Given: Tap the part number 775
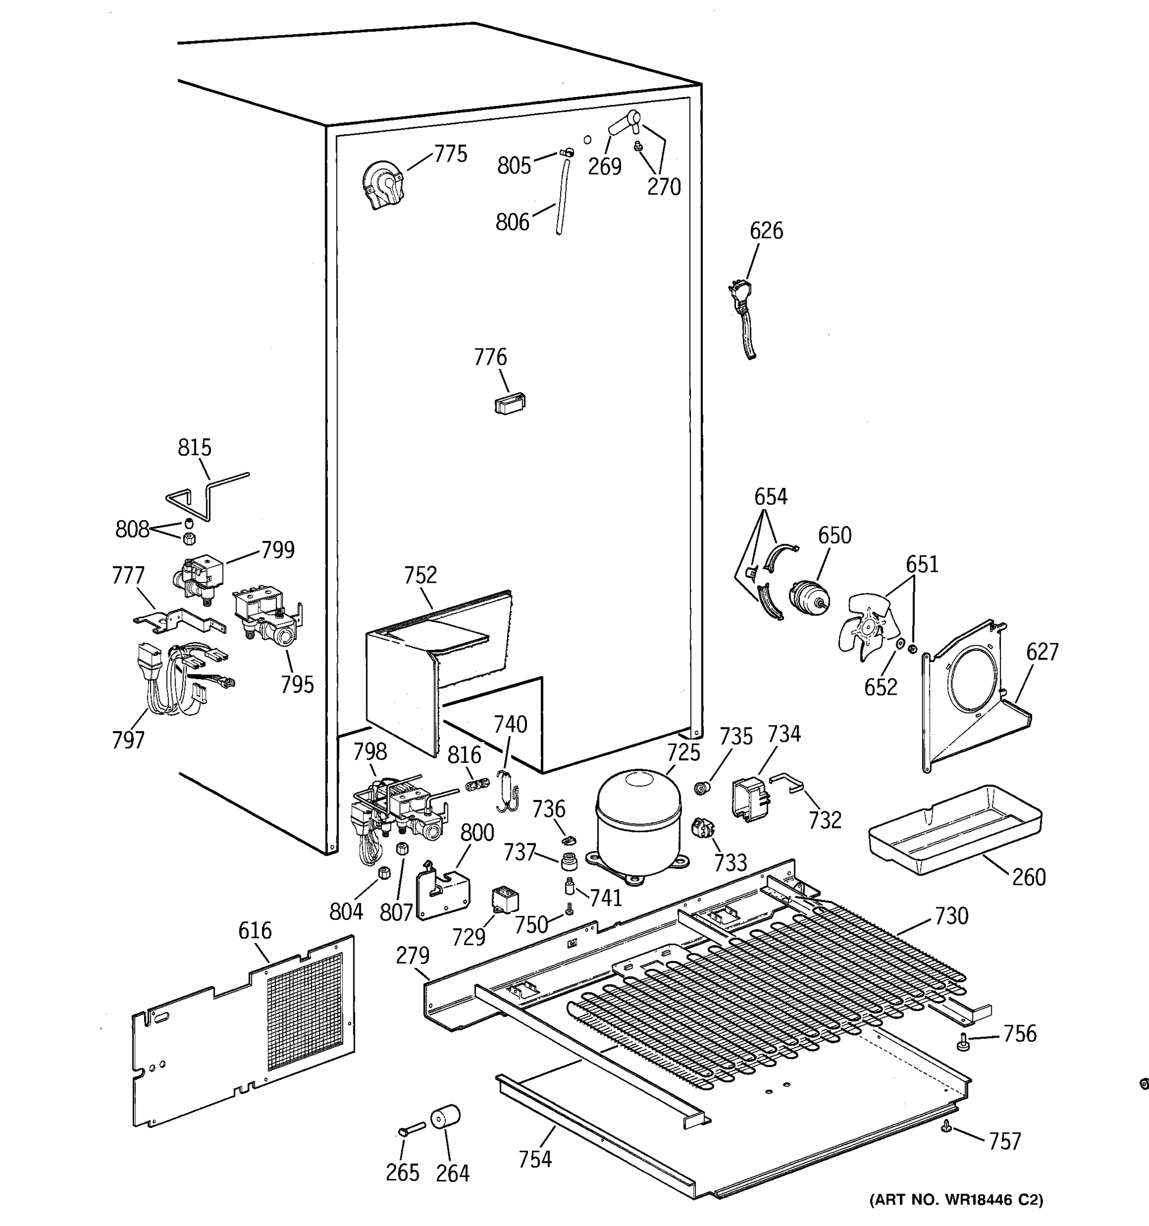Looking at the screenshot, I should click(x=450, y=154).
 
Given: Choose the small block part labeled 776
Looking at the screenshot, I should click(x=509, y=404).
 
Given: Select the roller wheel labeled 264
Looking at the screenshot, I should click(x=445, y=1116).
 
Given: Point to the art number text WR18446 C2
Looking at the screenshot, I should click(x=956, y=1200).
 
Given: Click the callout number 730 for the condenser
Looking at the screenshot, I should click(x=951, y=916).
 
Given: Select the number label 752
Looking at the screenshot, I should click(x=420, y=575).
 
